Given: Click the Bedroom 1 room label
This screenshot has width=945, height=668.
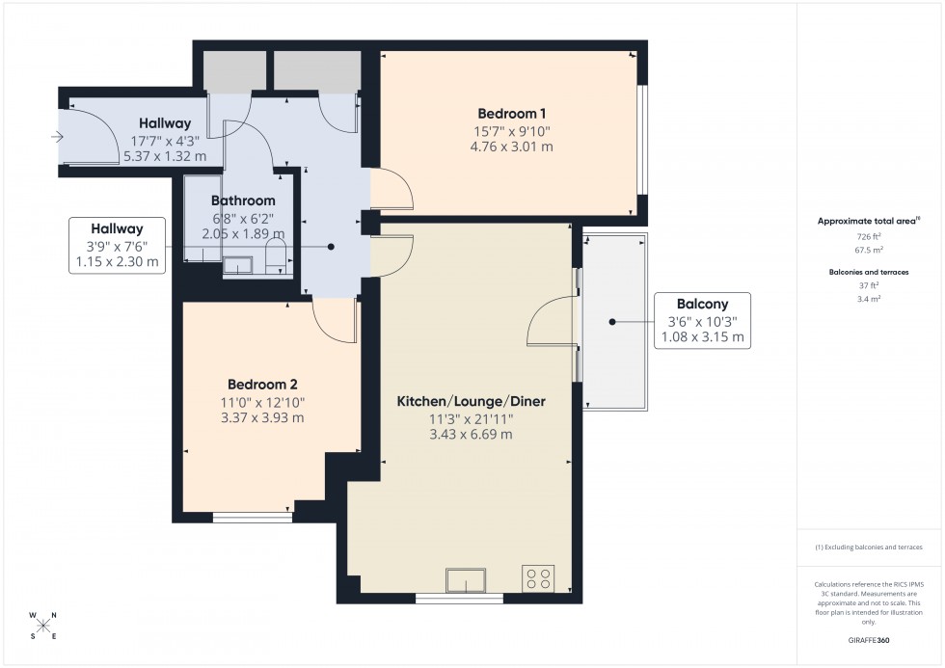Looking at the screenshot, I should (x=506, y=112).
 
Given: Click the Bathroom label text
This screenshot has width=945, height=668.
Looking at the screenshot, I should (x=243, y=200).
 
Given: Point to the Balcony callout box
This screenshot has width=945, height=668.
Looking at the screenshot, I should (x=700, y=319).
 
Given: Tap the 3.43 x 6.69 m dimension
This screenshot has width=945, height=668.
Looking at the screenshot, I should (x=471, y=434).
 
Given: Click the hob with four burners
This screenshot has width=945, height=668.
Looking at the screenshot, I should (x=538, y=577).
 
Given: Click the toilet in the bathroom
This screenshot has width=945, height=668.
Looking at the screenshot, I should (x=275, y=256).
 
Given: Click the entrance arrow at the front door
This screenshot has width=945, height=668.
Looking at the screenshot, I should (x=58, y=138).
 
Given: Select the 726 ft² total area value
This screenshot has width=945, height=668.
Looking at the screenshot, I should (x=870, y=236).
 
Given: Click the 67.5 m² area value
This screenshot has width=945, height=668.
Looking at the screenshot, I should (x=870, y=248).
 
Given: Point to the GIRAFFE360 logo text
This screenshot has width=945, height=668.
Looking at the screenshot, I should (x=870, y=639).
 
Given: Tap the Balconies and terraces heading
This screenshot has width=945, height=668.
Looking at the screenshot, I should (x=870, y=271).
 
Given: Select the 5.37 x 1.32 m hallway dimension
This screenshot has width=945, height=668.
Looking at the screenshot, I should (x=169, y=155).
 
